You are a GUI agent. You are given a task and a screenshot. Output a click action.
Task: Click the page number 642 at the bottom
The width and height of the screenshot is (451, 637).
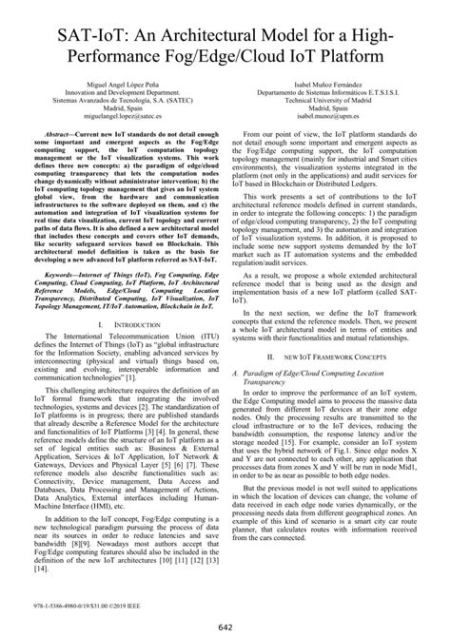coord(225,625)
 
